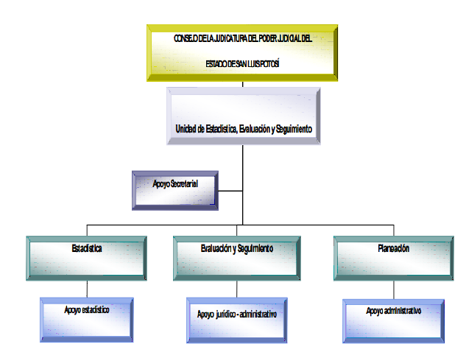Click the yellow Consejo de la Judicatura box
pos(242,52)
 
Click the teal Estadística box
pos(88,257)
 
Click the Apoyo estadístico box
pos(87,318)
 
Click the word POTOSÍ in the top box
pos(267,65)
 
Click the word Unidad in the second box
pos(188,129)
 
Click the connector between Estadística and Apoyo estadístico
pos(88,288)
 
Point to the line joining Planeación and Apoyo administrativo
pos(393,289)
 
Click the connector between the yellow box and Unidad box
pos(243,84)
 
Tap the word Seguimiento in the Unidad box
pos(294,129)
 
